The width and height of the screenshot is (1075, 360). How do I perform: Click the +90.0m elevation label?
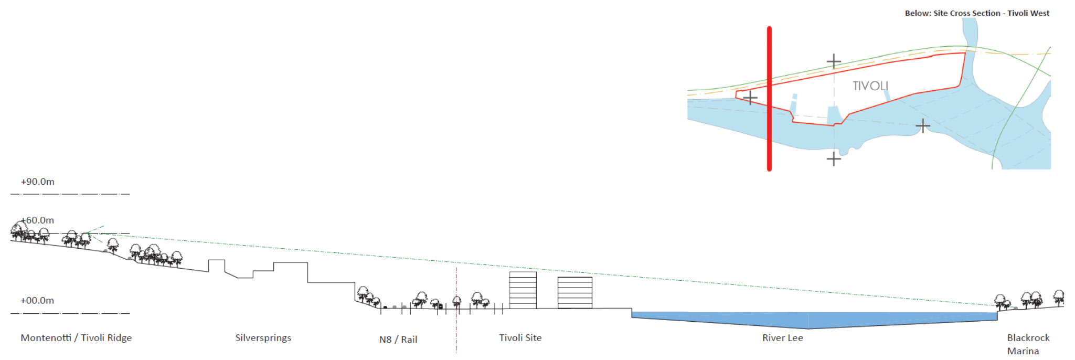(x=37, y=182)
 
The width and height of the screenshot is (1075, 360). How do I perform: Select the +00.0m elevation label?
(x=37, y=301)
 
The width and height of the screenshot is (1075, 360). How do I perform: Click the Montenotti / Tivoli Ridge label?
(x=76, y=338)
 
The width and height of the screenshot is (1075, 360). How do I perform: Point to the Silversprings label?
(x=263, y=338)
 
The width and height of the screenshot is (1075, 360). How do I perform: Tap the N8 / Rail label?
(x=398, y=340)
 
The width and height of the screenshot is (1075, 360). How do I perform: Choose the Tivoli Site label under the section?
(x=520, y=338)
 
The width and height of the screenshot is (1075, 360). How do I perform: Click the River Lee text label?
(x=782, y=338)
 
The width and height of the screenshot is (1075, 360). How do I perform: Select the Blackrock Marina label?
(x=1028, y=344)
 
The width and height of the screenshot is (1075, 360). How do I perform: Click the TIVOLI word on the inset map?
(x=870, y=86)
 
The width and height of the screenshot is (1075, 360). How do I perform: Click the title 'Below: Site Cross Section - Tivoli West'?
(x=977, y=13)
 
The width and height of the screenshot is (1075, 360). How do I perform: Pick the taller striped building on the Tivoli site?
(x=523, y=290)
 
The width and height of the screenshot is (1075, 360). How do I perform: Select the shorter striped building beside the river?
(x=574, y=292)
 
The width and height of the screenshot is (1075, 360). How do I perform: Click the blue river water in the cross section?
(x=808, y=319)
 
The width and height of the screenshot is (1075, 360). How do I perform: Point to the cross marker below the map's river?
(x=834, y=158)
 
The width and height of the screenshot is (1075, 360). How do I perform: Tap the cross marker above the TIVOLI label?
(x=834, y=62)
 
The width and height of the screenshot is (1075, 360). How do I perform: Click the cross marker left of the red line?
(x=750, y=98)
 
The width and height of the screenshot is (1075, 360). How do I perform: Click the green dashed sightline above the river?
(x=787, y=286)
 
